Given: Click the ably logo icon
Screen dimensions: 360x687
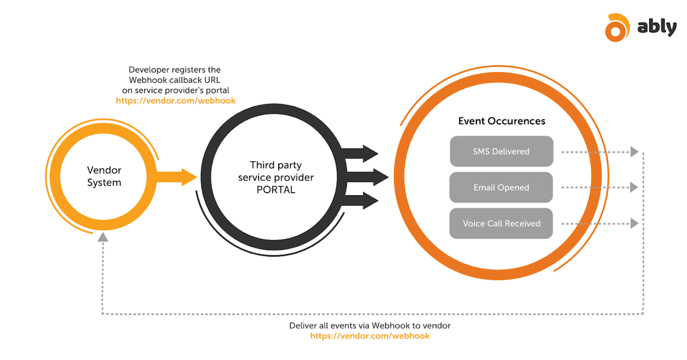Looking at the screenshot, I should [617, 28].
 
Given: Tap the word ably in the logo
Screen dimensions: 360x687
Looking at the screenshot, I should [657, 27].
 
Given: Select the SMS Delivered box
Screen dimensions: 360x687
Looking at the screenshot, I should [502, 151].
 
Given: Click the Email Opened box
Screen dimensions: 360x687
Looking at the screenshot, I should [501, 188].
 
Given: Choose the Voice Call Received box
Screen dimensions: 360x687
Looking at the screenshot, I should [501, 224].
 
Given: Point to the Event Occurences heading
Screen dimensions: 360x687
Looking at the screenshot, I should [502, 121].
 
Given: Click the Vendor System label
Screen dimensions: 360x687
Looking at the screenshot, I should [104, 176].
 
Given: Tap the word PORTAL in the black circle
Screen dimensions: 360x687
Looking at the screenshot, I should [276, 190].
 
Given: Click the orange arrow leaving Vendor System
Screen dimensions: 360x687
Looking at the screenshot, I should [176, 177].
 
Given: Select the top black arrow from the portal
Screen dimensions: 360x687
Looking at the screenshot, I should [361, 154].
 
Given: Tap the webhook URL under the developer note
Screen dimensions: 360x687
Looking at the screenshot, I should [176, 101].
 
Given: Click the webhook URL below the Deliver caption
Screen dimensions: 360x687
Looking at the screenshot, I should [370, 336].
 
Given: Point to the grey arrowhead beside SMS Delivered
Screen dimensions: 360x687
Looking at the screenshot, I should [634, 152].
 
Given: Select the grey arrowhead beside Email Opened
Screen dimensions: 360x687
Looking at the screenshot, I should [634, 188].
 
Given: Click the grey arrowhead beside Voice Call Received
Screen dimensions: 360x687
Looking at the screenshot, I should [634, 224].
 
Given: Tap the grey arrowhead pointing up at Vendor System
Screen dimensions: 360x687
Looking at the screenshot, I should [103, 237].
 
